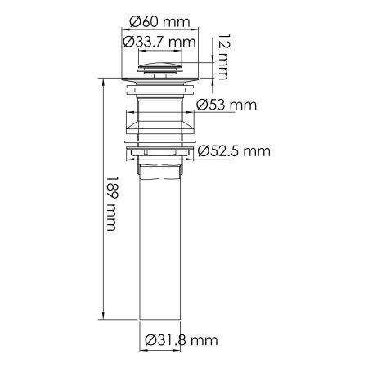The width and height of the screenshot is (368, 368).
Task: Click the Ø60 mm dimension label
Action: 159,21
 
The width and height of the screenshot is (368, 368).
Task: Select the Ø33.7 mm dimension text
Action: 159,42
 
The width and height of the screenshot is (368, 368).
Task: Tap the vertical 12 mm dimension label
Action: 225,57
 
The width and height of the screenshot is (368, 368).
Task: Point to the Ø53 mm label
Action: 227,105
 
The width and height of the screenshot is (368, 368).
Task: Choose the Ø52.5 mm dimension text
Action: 234,151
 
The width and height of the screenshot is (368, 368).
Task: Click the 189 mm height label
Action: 111,204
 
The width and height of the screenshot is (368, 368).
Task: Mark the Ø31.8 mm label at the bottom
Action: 182,340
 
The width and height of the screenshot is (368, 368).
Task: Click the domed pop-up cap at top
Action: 159,67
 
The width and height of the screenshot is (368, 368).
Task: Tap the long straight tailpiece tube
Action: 159,249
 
